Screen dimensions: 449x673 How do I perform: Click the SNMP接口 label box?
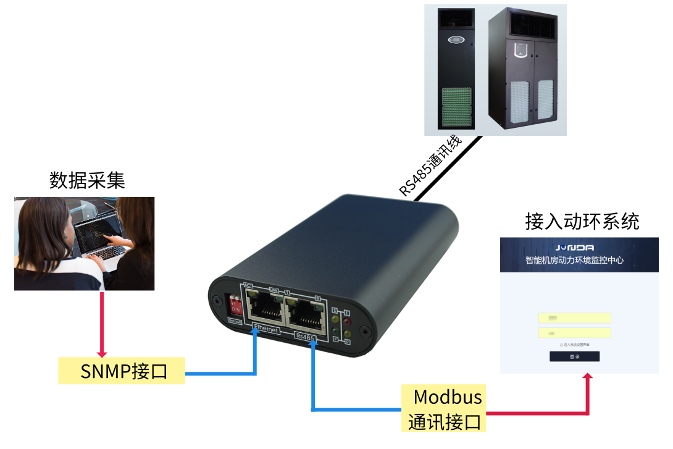pyautogui.click(x=122, y=371)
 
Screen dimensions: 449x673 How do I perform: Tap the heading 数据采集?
pyautogui.click(x=87, y=180)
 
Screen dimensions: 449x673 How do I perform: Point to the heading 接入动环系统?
pyautogui.click(x=582, y=220)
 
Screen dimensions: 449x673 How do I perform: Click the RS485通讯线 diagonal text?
pyautogui.click(x=430, y=165)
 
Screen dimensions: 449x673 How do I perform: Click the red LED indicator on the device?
pyautogui.click(x=346, y=321)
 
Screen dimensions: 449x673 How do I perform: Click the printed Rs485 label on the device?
pyautogui.click(x=305, y=337)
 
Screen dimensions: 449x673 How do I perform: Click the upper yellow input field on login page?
pyautogui.click(x=574, y=318)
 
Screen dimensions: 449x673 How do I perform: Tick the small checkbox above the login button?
pyautogui.click(x=561, y=345)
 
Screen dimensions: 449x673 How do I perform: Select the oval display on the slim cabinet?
pyautogui.click(x=456, y=41)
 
